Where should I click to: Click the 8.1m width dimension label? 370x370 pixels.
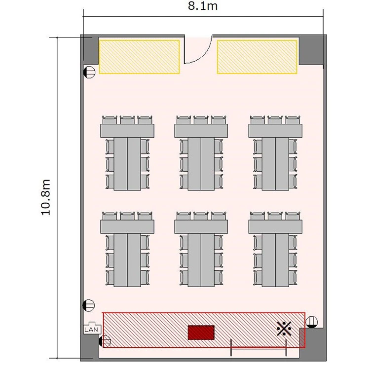click(x=203, y=6)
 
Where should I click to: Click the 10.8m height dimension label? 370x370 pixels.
click(x=45, y=197)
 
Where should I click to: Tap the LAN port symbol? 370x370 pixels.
click(x=92, y=328)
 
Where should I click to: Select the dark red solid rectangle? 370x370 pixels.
click(x=201, y=333)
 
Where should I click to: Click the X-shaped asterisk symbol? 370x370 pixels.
click(x=284, y=329)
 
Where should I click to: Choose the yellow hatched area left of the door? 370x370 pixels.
click(x=139, y=57)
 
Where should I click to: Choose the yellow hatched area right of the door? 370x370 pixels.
click(x=257, y=57)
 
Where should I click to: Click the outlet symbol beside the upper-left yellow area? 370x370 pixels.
click(x=89, y=72)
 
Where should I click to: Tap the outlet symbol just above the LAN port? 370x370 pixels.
click(x=88, y=305)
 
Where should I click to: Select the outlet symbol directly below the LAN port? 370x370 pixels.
click(x=105, y=341)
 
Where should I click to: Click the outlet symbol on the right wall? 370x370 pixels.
click(x=311, y=322)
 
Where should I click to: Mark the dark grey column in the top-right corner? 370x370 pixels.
click(x=311, y=50)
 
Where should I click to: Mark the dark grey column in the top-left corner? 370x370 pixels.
click(x=90, y=50)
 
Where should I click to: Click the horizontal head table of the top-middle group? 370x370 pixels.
click(x=201, y=131)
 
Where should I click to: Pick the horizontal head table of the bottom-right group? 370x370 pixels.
click(x=275, y=227)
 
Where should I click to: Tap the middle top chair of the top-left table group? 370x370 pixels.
click(x=127, y=120)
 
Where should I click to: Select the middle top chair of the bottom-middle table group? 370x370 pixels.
click(x=201, y=216)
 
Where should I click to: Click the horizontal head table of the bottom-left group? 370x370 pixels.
click(x=127, y=227)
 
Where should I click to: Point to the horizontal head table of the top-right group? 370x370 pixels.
click(x=275, y=131)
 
